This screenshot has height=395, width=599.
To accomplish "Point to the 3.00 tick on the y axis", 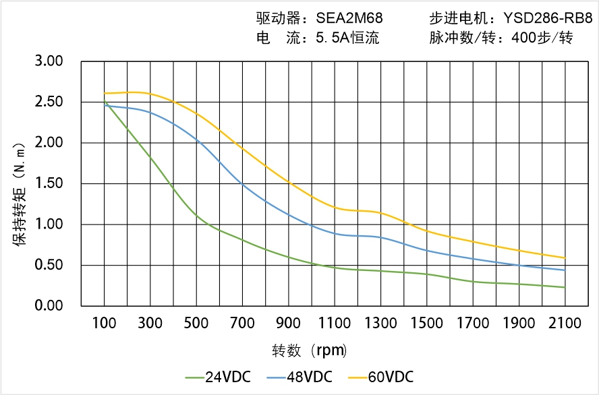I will pos(49,61).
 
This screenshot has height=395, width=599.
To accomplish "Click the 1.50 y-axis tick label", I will pos(49,183).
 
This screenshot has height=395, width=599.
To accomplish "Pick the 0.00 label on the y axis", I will pos(49,305).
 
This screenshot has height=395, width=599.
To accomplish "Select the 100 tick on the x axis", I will pos(104,323).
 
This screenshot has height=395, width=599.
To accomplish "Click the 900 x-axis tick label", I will pos(289,323).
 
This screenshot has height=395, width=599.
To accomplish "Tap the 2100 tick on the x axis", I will pos(565,323).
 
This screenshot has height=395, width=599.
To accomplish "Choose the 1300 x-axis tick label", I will pos(380,323).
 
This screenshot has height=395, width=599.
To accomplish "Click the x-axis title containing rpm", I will pos(310,351).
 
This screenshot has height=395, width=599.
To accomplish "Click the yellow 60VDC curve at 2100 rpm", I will pos(565,257).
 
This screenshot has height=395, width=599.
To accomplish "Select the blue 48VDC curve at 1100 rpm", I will pos(335,233).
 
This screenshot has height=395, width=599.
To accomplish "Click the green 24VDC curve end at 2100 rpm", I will pos(565,287).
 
